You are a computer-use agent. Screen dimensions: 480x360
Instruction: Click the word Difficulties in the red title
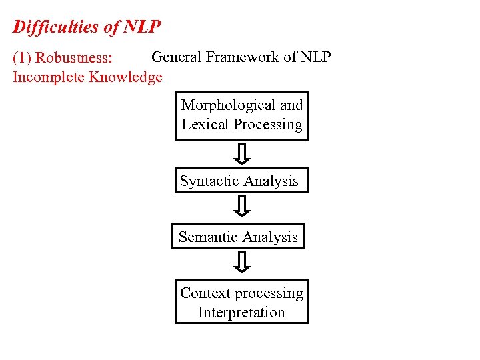click(56, 27)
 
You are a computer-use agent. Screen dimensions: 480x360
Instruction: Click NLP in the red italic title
click(141, 27)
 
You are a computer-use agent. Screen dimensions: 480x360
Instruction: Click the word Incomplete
click(49, 77)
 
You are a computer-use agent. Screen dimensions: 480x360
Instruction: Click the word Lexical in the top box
click(203, 125)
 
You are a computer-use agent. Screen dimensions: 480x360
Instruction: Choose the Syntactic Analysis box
click(242, 181)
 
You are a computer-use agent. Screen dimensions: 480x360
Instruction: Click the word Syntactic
click(209, 181)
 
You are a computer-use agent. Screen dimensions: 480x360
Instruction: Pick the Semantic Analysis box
click(238, 237)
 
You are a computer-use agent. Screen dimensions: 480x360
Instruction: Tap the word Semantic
click(207, 237)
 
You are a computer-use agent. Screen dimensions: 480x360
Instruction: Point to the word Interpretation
click(241, 313)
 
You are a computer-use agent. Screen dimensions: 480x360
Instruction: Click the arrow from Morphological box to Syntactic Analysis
click(243, 155)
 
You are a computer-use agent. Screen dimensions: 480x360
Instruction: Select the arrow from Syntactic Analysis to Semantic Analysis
click(243, 207)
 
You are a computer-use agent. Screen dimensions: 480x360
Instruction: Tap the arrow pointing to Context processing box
click(243, 263)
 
